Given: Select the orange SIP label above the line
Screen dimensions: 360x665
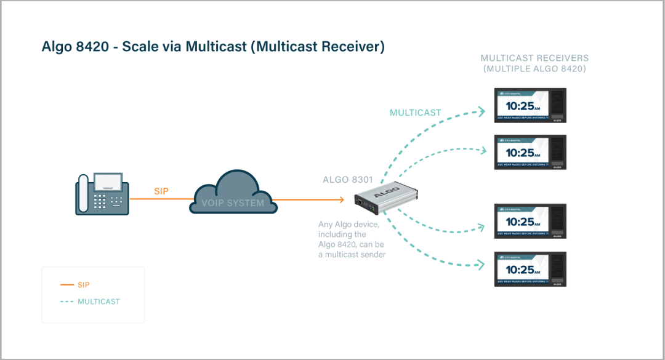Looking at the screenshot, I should click(x=161, y=191).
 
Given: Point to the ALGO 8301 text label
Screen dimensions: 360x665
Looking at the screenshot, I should click(x=348, y=180).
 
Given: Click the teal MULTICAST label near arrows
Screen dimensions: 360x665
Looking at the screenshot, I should click(x=416, y=113).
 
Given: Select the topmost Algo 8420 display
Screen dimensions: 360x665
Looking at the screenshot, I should click(x=531, y=105).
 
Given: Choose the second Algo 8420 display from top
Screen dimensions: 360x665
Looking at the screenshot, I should click(x=531, y=152).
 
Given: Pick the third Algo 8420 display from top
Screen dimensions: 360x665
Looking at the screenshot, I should click(x=531, y=221).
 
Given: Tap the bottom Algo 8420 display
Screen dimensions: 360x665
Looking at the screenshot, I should click(x=531, y=269).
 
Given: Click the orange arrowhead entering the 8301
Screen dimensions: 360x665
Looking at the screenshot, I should click(x=341, y=199).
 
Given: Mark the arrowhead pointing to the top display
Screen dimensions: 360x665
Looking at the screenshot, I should click(x=482, y=111).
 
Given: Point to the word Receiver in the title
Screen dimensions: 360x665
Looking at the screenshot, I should click(x=352, y=47).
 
